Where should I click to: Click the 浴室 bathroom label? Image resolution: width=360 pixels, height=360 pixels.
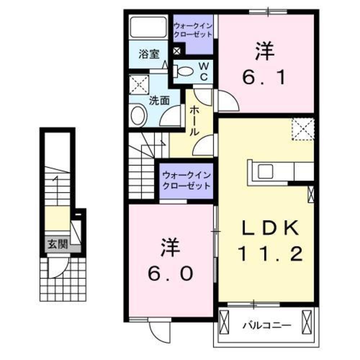(149, 54)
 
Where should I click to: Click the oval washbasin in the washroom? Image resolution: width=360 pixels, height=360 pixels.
(138, 115)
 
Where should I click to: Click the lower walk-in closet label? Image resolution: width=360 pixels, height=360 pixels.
(186, 181)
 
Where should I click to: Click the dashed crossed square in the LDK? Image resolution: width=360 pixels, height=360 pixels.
(303, 129)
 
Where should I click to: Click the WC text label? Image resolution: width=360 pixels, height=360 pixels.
(203, 72)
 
